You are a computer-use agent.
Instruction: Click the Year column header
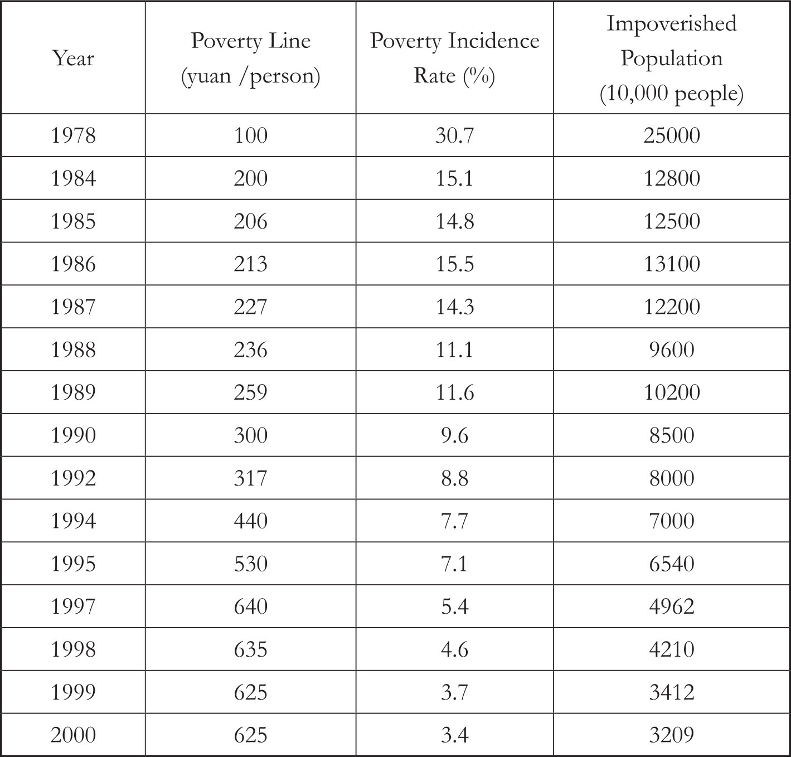(73, 58)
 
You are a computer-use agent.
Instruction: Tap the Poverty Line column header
(250, 58)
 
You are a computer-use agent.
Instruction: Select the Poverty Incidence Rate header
(454, 58)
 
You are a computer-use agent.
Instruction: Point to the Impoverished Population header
(671, 58)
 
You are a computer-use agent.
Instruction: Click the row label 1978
(73, 135)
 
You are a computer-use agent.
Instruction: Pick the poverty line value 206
(250, 221)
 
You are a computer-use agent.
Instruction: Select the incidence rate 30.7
(454, 135)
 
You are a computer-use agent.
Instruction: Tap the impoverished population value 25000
(671, 135)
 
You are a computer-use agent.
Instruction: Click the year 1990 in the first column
(73, 435)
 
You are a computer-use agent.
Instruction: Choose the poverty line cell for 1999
(250, 692)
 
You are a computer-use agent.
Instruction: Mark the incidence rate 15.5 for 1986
(454, 264)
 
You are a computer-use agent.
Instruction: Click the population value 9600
(671, 350)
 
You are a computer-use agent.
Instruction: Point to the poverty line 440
(250, 521)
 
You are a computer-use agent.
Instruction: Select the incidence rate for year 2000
(454, 735)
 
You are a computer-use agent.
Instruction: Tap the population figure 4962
(671, 606)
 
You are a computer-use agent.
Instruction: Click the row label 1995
(73, 564)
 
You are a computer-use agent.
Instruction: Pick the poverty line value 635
(250, 649)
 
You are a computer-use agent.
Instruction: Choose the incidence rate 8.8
(454, 478)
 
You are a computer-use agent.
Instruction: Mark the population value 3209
(671, 735)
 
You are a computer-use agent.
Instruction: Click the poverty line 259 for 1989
(250, 392)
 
